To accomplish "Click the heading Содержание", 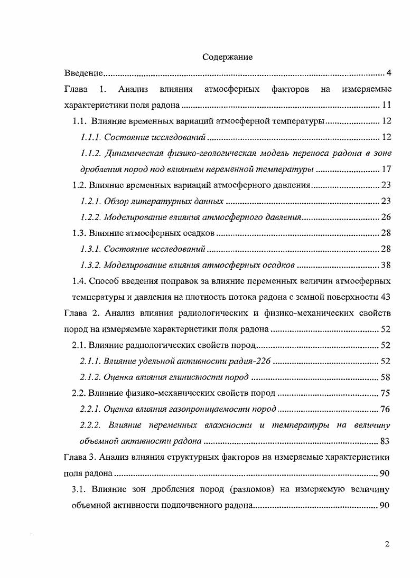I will (227, 57).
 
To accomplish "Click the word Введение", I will (83, 72).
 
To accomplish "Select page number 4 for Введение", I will (388, 72).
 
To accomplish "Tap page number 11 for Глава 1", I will (386, 104).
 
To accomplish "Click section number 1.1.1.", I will (90, 137).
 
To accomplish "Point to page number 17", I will (386, 169).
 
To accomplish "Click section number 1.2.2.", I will (90, 217).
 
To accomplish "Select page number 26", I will (386, 217).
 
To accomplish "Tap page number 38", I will (386, 265).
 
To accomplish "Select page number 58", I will (386, 377).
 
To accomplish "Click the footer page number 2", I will (387, 544).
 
